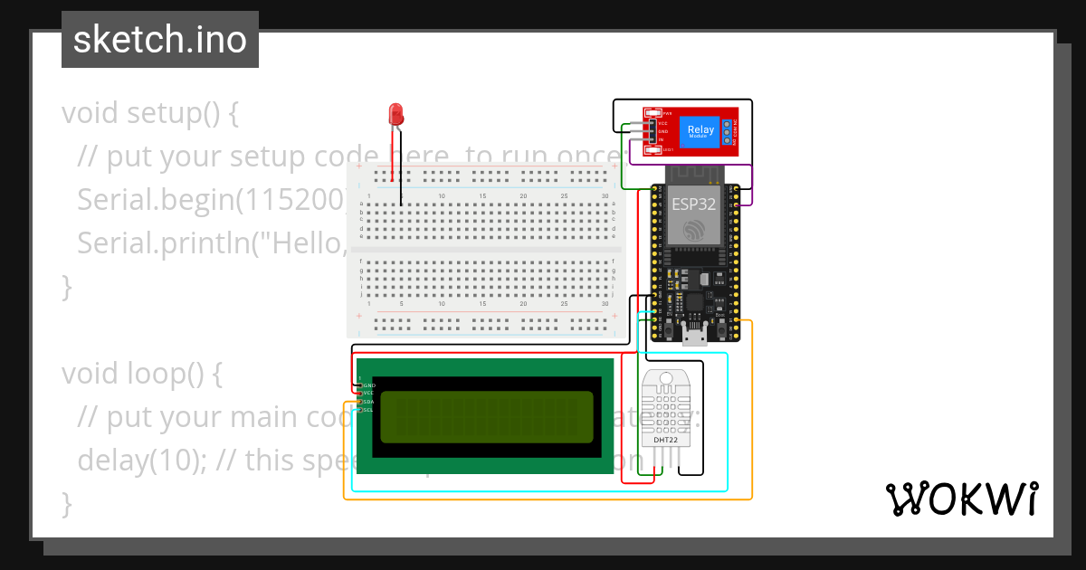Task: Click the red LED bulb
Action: coord(395,114)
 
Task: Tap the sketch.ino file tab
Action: coord(160,40)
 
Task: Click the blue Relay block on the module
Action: coord(700,131)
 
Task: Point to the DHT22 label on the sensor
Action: coord(667,440)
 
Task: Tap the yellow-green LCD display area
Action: coord(487,417)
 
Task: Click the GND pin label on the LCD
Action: coord(368,385)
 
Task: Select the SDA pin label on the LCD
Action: coord(368,402)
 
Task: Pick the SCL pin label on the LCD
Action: coord(368,410)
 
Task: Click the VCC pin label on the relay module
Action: coord(662,122)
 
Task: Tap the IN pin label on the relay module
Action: coord(661,139)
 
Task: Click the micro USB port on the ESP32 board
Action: coord(694,339)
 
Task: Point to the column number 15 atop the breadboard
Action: coord(482,196)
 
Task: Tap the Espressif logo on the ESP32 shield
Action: coord(694,232)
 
